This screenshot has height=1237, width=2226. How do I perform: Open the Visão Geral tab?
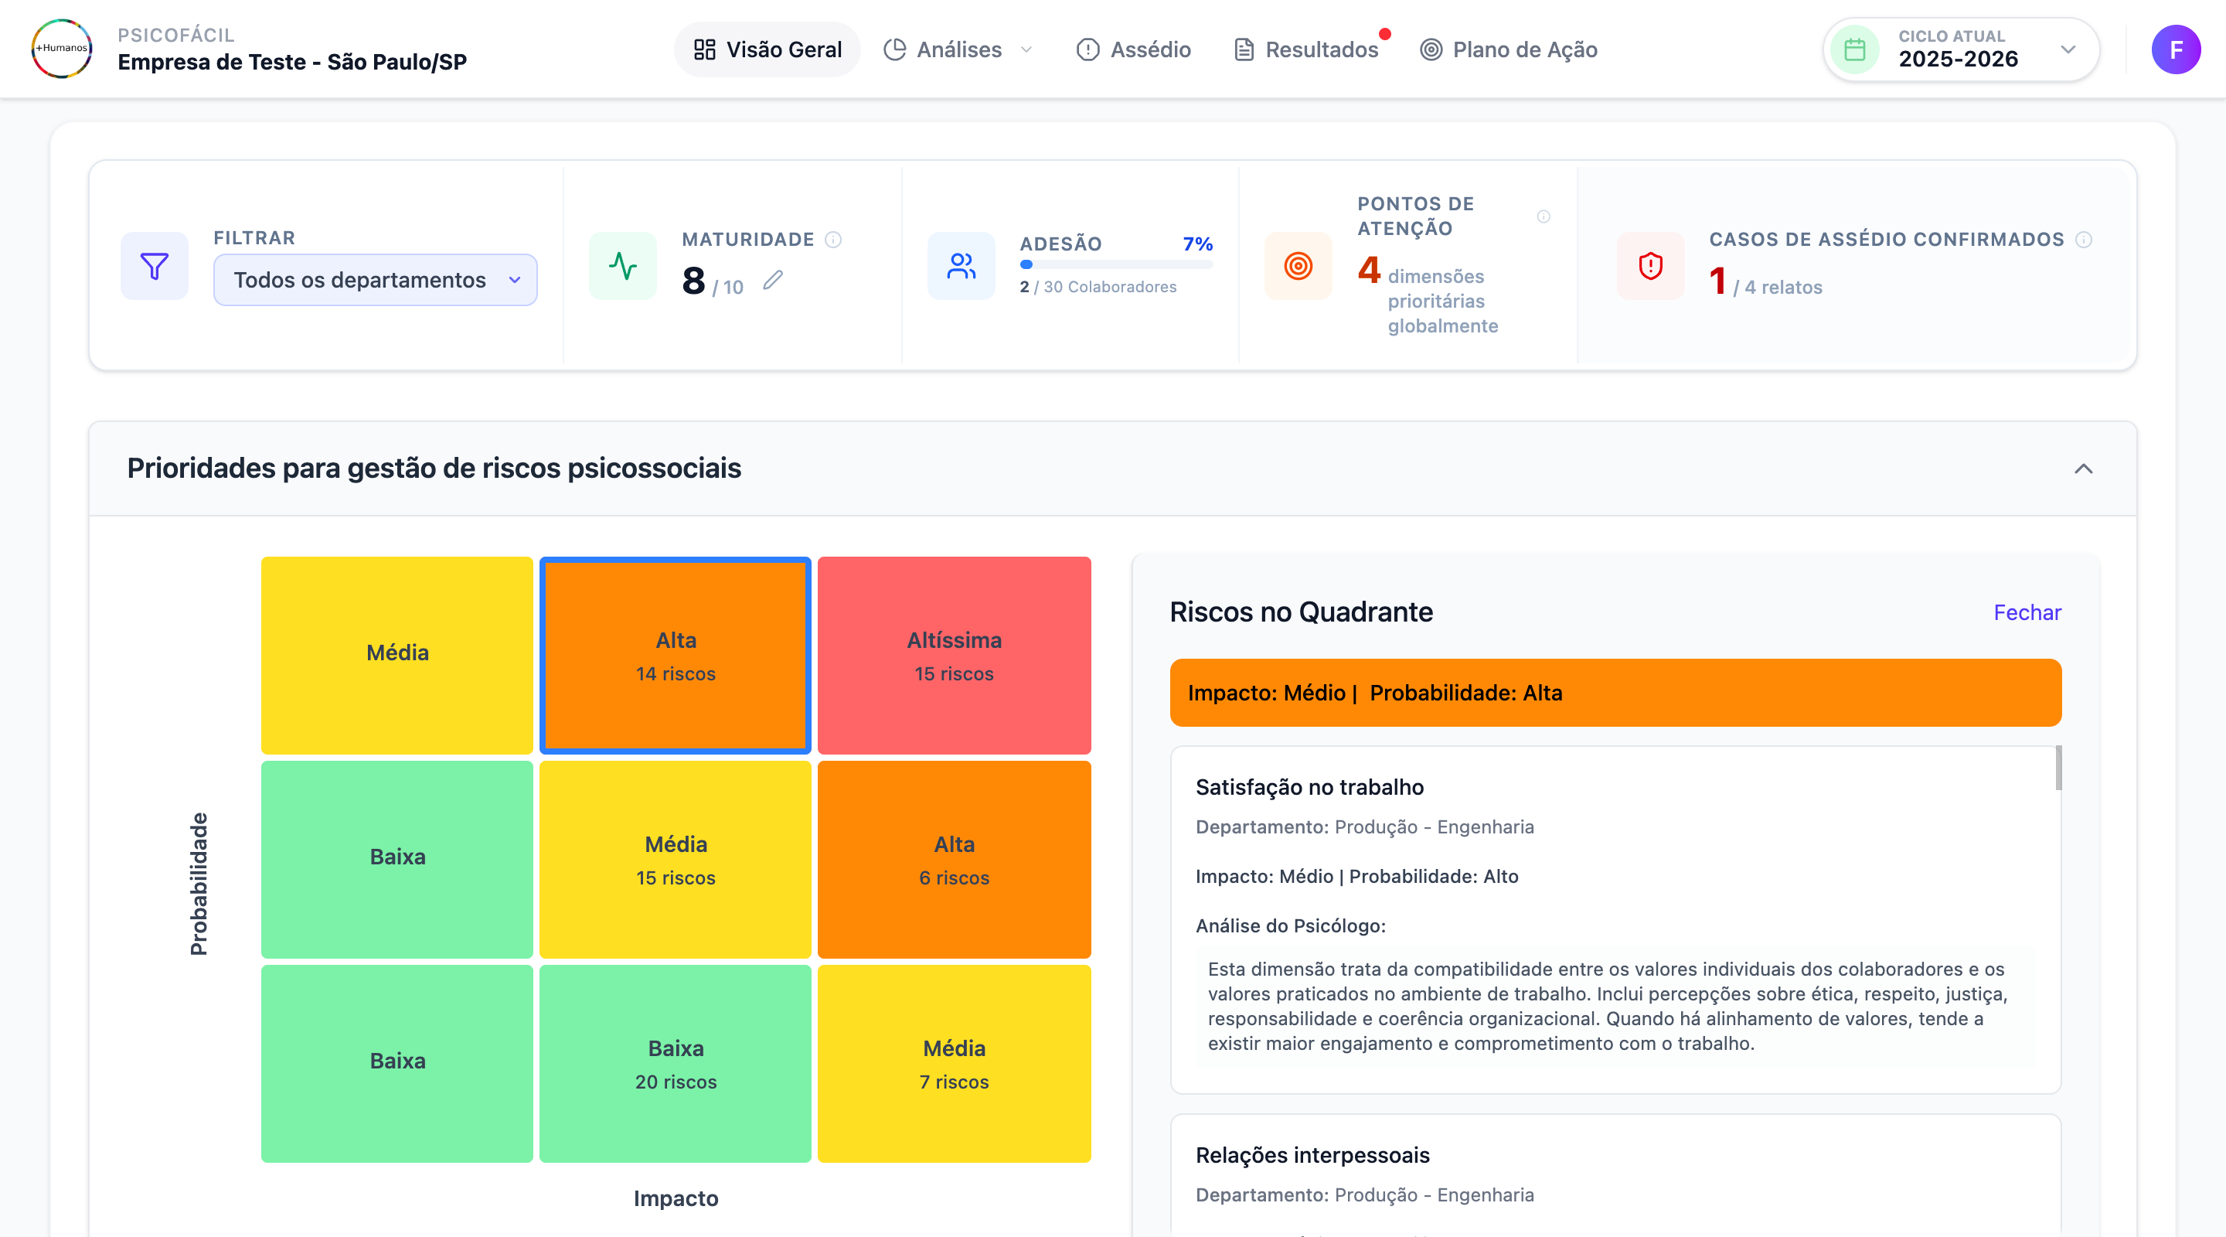click(768, 49)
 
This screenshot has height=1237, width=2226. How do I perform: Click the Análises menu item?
click(958, 49)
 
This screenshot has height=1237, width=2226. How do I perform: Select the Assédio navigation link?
click(1134, 49)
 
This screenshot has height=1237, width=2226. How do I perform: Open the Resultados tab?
click(1306, 49)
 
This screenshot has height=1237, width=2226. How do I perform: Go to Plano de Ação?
click(1509, 49)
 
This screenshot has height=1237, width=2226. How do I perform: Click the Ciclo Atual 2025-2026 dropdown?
click(1960, 49)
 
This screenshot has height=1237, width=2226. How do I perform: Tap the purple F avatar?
click(2175, 49)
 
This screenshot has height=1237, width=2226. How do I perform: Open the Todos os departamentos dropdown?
click(375, 280)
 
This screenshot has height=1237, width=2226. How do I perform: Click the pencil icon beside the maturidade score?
click(774, 280)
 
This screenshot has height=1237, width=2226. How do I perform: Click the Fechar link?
click(2027, 612)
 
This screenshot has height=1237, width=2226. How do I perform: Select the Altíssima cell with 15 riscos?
click(954, 656)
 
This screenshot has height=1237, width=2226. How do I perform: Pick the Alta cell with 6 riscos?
click(954, 859)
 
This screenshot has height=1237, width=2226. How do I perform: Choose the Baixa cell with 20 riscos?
click(676, 1063)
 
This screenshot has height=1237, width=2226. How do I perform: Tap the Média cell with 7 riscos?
click(954, 1063)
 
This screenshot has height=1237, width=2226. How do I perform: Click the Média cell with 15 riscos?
click(676, 859)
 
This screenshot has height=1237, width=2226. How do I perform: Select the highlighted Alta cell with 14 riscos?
click(676, 656)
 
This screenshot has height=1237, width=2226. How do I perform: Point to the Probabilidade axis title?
click(199, 884)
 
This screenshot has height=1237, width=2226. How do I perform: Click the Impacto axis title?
click(676, 1198)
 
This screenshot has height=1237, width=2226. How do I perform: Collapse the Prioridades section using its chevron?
click(2084, 469)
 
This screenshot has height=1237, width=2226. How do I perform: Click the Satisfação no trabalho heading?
click(1309, 786)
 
